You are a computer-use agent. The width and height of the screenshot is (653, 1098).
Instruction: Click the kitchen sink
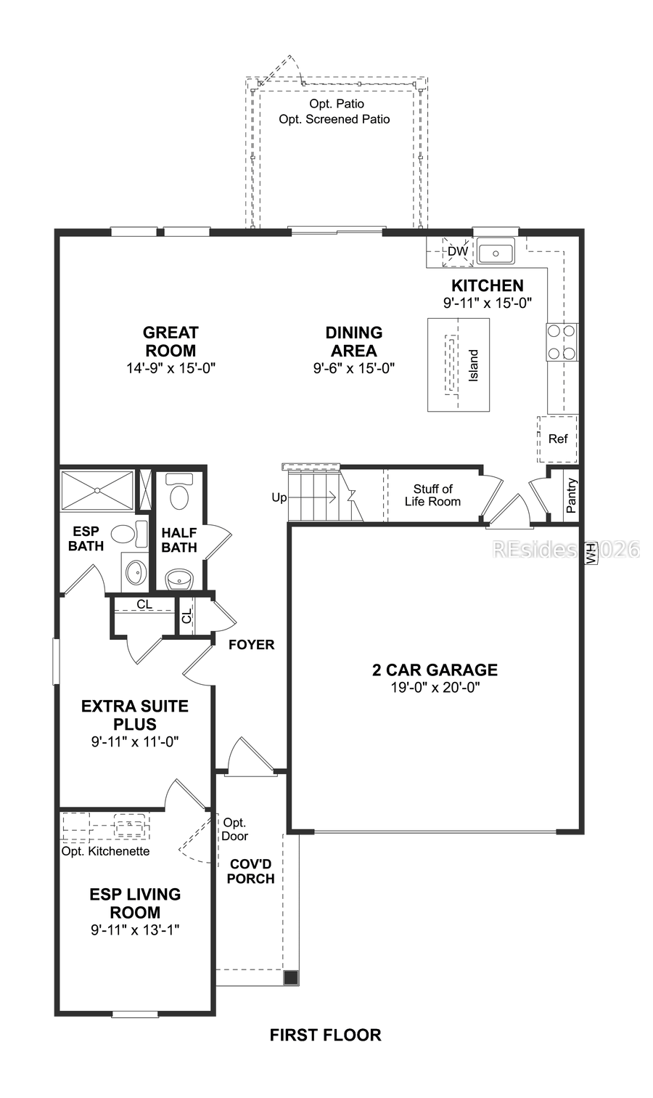point(496,253)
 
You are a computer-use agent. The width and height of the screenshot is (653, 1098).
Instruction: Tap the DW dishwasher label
point(457,252)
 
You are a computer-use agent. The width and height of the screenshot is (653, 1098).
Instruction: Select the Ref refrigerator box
point(558,439)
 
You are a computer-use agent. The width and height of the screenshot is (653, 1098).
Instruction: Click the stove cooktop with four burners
point(562,342)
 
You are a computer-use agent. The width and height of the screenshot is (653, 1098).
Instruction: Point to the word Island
point(474,366)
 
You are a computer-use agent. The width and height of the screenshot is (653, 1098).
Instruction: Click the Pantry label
point(572,495)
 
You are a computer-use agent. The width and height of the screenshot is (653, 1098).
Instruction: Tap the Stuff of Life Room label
point(432,495)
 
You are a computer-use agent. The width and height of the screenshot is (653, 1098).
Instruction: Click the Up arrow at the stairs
point(279,497)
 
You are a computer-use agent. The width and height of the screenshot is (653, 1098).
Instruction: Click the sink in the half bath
point(178,579)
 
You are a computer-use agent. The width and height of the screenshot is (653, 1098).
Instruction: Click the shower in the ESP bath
point(97,491)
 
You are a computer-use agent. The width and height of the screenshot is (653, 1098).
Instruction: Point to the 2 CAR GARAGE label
point(435,670)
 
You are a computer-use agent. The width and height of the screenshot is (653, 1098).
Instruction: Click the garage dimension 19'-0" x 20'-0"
point(435,687)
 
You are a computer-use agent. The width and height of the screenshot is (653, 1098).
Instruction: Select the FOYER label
point(251,644)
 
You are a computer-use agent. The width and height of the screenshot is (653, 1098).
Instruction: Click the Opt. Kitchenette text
point(105,851)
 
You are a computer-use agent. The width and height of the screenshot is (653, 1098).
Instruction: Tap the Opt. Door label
point(235,829)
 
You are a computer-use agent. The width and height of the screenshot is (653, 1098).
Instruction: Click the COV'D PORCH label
point(251,871)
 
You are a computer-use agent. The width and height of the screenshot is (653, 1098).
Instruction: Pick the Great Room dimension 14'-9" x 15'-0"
point(171,368)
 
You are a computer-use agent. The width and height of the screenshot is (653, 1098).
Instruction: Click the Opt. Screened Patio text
point(334,119)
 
